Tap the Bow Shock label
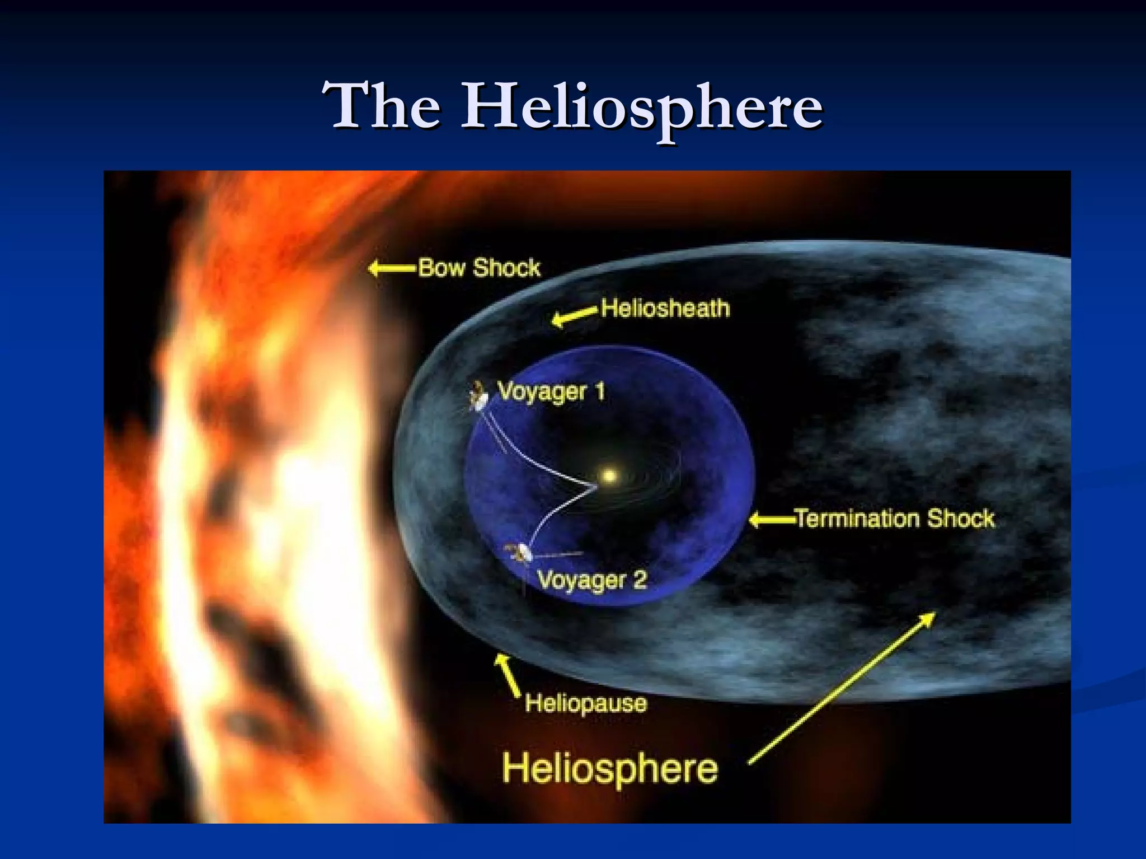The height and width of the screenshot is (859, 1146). [479, 268]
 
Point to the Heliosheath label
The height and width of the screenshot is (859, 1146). [665, 309]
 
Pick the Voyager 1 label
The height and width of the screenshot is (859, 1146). [551, 391]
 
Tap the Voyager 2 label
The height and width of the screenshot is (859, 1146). [592, 580]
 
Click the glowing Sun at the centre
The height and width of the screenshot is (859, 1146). [609, 476]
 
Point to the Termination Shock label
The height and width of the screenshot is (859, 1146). [895, 519]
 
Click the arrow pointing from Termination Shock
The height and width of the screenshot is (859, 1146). [772, 520]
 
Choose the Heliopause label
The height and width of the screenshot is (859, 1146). [586, 703]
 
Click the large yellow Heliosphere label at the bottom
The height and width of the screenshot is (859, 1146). [610, 768]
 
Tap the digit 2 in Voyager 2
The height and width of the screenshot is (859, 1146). [640, 579]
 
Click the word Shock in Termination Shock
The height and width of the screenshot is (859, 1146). [960, 519]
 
